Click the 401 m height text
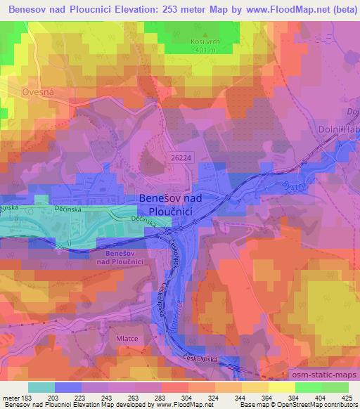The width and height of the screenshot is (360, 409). pos(205,51)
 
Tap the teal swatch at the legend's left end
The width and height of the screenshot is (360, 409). pos(41,387)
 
